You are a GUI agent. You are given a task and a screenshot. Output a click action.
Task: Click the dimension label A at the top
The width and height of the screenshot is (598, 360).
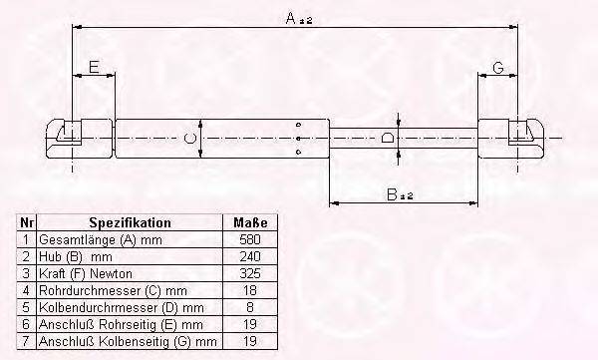coord(285,17)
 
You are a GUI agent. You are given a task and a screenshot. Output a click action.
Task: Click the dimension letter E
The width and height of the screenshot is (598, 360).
coord(94,67)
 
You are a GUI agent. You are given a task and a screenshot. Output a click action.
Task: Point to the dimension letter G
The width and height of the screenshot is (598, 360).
coord(497,67)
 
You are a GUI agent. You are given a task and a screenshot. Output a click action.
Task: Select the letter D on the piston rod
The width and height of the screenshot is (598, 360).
coord(389,136)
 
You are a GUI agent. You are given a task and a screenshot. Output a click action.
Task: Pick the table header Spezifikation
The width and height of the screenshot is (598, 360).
coord(130,223)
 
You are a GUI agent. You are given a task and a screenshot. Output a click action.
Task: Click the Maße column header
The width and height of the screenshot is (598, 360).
coord(249,223)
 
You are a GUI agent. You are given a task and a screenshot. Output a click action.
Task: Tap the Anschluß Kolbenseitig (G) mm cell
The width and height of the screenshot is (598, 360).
coord(127,341)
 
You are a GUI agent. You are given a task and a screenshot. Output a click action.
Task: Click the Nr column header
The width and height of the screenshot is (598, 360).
coord(27,223)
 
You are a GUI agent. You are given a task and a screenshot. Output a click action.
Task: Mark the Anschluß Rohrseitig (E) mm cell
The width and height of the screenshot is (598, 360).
coord(121,324)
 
